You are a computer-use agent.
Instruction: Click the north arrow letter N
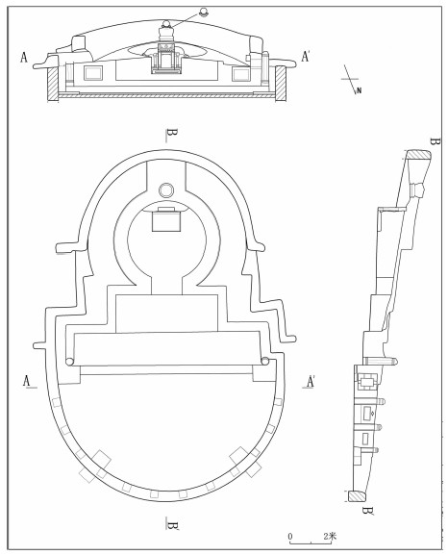point(360,90)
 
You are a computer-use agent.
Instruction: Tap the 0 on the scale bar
point(290,536)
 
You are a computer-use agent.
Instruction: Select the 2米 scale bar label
point(330,536)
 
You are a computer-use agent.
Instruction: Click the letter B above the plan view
point(172,134)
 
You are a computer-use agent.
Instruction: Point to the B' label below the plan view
point(173,525)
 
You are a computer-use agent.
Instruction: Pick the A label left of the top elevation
point(24,58)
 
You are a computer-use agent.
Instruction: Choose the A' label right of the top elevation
point(305,57)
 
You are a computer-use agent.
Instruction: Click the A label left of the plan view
point(27,381)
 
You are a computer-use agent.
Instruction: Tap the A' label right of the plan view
point(311,382)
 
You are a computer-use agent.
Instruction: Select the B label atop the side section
point(435,142)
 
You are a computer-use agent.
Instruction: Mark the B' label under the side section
point(367,511)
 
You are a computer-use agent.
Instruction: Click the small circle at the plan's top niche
point(166,190)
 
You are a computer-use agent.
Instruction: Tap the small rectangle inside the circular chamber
point(166,221)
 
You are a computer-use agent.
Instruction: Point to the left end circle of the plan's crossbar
point(70,362)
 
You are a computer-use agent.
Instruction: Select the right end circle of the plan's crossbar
point(264,361)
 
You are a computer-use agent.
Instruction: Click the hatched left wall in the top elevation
point(52,84)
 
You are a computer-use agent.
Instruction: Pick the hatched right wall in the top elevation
point(281,84)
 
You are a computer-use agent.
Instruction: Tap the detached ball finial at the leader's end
point(204,13)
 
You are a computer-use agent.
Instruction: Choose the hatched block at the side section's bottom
point(357,496)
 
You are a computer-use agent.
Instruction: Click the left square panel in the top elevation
point(93,73)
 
